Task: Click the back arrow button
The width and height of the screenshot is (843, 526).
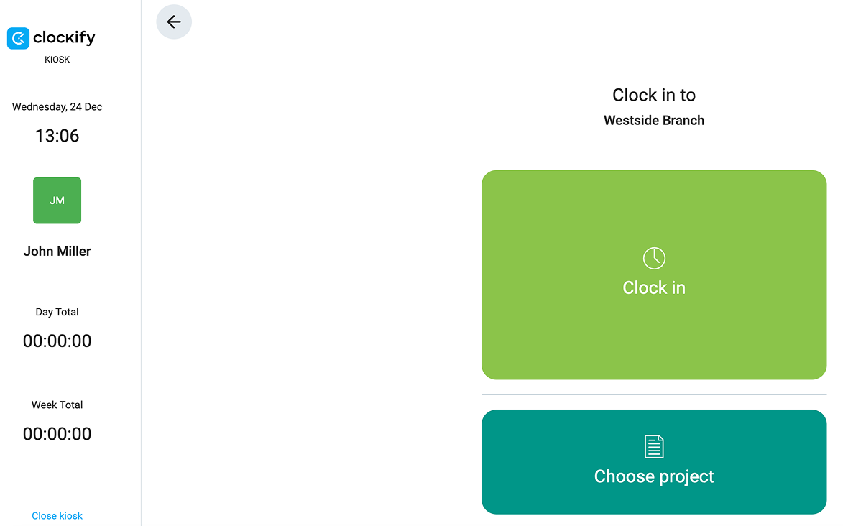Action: pos(174,22)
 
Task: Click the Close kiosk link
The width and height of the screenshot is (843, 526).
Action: pos(57,516)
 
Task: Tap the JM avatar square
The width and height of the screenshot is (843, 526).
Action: pos(57,200)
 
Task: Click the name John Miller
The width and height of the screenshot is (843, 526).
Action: pos(57,252)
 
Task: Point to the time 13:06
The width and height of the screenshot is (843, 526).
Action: pos(57,136)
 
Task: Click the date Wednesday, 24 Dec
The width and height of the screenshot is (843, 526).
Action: pos(57,107)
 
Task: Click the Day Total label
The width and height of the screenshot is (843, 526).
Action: pos(57,312)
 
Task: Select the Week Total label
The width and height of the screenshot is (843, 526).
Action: pos(57,405)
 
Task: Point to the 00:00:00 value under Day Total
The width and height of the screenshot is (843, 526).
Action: pos(57,341)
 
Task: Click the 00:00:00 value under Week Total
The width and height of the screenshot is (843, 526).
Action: pos(57,434)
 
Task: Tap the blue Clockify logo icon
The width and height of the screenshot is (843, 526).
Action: pos(18,38)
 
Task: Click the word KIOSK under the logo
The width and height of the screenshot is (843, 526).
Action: pos(57,60)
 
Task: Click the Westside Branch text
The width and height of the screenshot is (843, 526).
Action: pos(654,121)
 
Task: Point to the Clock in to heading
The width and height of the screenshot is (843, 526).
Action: pos(654,95)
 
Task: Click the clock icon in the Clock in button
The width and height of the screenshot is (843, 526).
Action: pos(654,258)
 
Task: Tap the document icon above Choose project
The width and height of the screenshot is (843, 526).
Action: pos(654,446)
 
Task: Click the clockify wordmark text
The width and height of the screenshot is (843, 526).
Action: pos(64,37)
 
